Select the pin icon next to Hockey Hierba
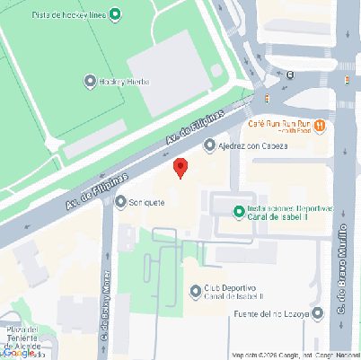tap(89, 82)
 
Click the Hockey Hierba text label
tap(124, 82)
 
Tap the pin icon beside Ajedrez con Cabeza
tap(209, 145)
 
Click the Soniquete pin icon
tap(121, 202)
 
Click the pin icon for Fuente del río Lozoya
tap(317, 313)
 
